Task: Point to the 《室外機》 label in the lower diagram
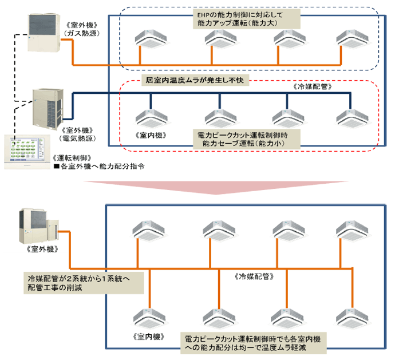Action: [43, 250]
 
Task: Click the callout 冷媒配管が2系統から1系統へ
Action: [80, 282]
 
